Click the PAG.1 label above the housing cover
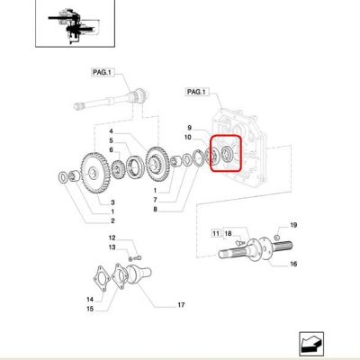click(197, 92)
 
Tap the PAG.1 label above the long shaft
click(103, 72)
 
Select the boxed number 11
click(216, 233)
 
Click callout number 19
click(293, 225)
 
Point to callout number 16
click(293, 264)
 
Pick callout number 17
click(181, 305)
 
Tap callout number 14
click(90, 300)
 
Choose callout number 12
click(112, 238)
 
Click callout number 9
click(189, 128)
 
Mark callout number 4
click(111, 131)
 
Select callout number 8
click(155, 210)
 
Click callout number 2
click(112, 221)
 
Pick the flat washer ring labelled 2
click(62, 177)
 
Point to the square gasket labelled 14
click(102, 278)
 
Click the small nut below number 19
click(277, 238)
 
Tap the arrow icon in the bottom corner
click(311, 344)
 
